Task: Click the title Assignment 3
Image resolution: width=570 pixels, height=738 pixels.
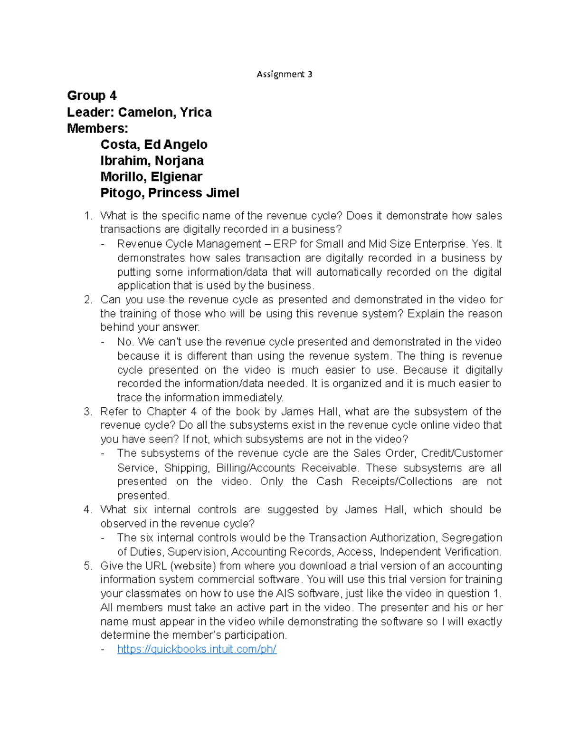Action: tap(284, 74)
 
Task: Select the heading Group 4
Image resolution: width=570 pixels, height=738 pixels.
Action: tap(92, 96)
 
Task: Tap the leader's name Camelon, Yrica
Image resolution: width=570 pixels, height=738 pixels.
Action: tap(164, 112)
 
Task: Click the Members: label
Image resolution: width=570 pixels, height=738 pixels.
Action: tap(97, 128)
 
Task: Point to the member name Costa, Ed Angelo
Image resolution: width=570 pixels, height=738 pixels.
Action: tap(154, 144)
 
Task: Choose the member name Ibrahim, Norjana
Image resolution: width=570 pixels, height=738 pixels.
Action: tap(152, 161)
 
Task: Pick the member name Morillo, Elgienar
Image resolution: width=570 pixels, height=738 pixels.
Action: tap(151, 177)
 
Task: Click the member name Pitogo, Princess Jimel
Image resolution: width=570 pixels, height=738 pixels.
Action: tap(170, 193)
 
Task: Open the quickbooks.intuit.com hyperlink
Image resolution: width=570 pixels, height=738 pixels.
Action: tap(197, 649)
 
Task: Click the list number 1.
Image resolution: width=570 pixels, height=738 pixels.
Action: tap(87, 216)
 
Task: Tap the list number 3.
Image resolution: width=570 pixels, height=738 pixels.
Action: tap(87, 412)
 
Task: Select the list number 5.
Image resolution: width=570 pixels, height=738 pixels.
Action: tap(87, 566)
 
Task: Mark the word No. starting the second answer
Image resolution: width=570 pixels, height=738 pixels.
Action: tap(126, 342)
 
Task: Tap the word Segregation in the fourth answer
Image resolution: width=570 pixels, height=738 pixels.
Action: tap(472, 538)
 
